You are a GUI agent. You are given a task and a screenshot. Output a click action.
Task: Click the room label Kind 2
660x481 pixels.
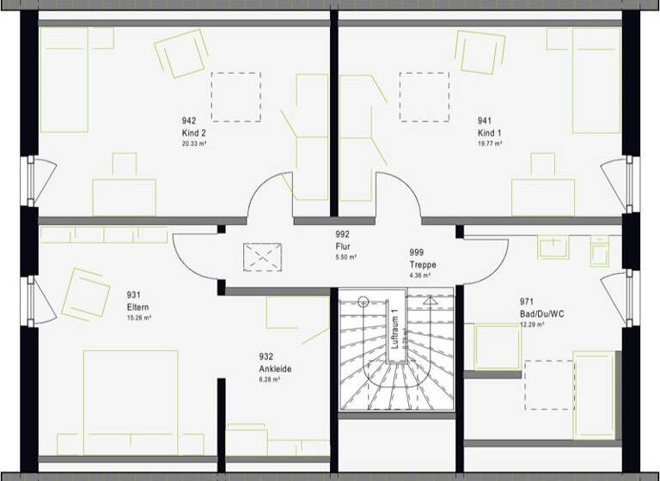[193, 133]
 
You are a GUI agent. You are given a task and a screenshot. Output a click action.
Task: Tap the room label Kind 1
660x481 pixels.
[490, 133]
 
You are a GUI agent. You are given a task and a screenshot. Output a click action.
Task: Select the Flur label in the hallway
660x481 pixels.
[343, 246]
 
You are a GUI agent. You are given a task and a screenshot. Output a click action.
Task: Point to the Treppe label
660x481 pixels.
[423, 265]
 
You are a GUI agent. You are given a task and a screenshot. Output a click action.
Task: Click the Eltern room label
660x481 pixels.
[138, 307]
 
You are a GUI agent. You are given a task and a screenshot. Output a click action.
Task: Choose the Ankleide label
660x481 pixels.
[275, 369]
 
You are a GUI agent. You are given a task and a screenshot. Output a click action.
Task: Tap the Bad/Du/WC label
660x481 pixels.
[541, 314]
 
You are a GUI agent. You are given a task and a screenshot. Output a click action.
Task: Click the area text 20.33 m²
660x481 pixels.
[193, 144]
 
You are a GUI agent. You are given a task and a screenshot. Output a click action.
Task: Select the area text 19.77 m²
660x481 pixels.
[490, 144]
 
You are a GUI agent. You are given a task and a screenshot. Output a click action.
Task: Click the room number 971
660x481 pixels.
[527, 301]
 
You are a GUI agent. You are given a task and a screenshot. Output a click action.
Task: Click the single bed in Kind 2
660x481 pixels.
[64, 79]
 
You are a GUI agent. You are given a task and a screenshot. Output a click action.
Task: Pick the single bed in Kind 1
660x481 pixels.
[596, 79]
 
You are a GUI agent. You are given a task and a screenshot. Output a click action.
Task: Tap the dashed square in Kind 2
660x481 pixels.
[235, 96]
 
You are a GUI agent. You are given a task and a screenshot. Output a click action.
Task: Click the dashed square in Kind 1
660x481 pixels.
[424, 96]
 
